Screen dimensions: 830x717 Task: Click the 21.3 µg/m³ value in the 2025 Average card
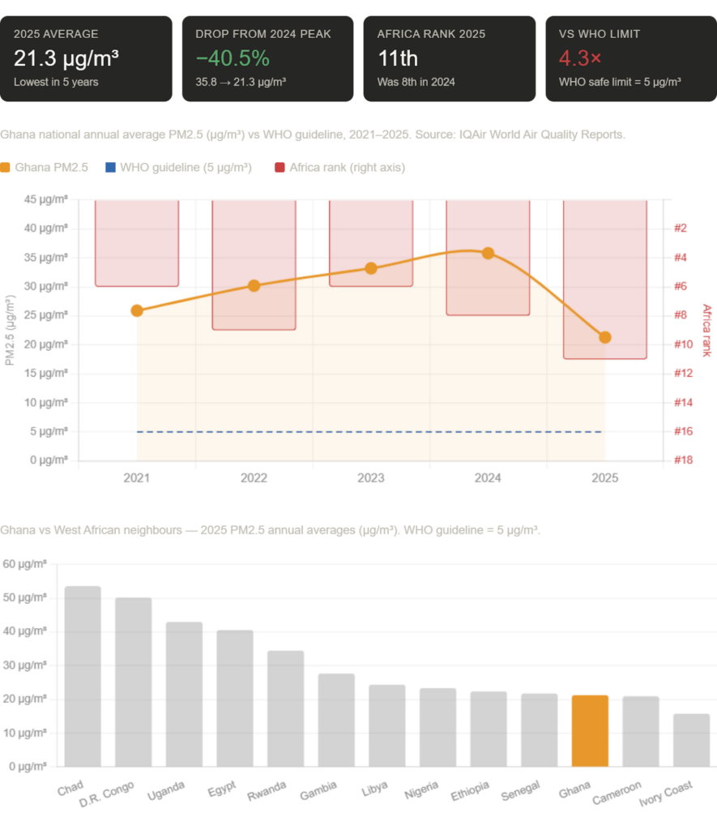pos(66,58)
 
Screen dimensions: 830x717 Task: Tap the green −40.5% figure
pos(233,58)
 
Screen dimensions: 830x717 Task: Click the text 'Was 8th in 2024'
pos(416,82)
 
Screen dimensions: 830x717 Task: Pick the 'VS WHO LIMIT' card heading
pos(599,34)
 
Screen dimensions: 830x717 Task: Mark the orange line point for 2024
pos(488,254)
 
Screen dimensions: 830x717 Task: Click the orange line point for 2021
pos(137,310)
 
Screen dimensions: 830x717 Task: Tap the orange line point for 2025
pos(604,337)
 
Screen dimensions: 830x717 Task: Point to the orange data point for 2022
pos(254,285)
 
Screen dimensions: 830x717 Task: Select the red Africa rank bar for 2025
pos(604,267)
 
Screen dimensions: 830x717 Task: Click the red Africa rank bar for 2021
pos(137,243)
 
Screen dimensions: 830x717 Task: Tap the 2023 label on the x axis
pos(370,478)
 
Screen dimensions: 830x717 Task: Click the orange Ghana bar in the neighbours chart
pos(590,730)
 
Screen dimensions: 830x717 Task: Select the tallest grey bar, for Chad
pos(83,676)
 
